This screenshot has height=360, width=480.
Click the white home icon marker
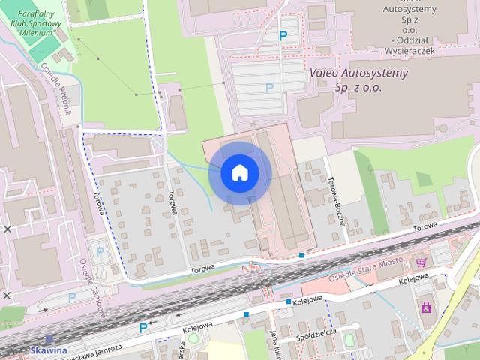pyautogui.click(x=239, y=173)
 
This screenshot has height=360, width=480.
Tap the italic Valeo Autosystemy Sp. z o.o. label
pyautogui.click(x=359, y=79)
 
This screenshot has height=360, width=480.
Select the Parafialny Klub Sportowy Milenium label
pyautogui.click(x=35, y=22)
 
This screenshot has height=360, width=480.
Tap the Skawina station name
pyautogui.click(x=49, y=350)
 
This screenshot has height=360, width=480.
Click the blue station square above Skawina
pyautogui.click(x=49, y=339)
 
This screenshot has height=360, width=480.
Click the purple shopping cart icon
pyautogui.click(x=421, y=262)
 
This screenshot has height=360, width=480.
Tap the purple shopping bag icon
pyautogui.click(x=427, y=307)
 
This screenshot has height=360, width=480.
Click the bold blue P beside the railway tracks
pyautogui.click(x=143, y=328)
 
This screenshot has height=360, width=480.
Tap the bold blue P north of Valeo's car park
pyautogui.click(x=283, y=35)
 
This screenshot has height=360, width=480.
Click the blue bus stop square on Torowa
pyautogui.click(x=301, y=255)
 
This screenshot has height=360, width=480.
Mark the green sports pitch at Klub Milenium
pyautogui.click(x=44, y=46)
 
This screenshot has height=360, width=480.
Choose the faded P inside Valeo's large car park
pyautogui.click(x=269, y=88)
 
